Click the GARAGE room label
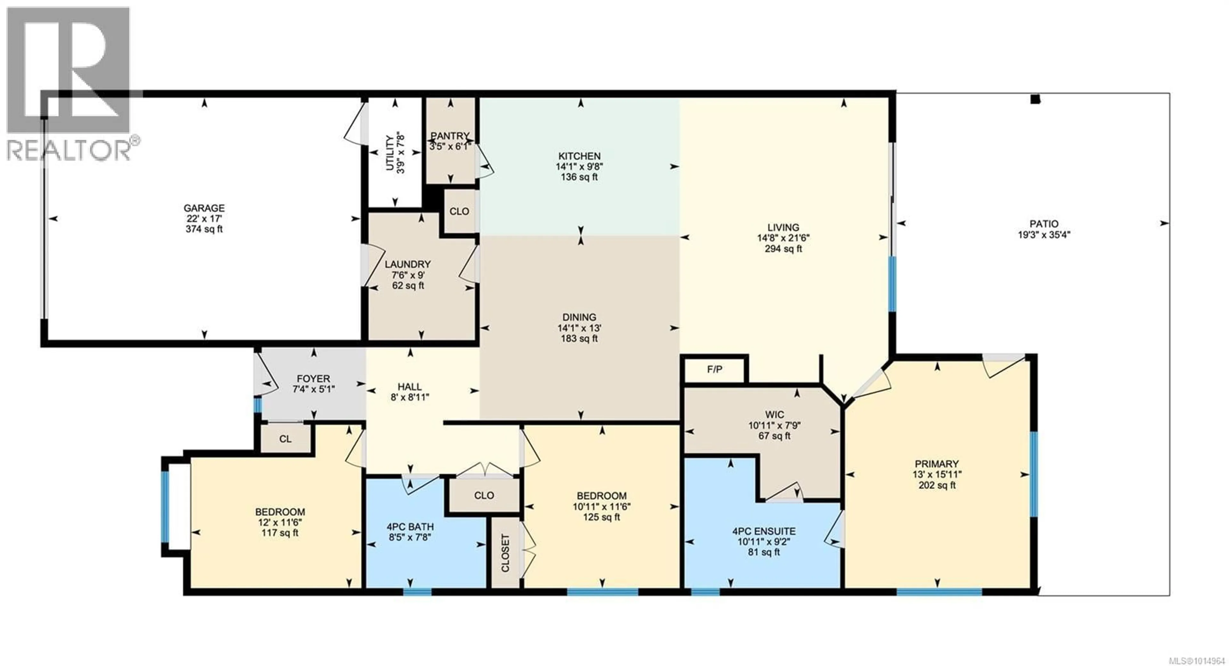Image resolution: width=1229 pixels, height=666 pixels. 204,208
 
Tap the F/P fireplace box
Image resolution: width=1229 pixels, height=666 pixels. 714,369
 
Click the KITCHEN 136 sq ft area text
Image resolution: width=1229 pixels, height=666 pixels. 579,177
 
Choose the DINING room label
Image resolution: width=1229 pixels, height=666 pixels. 579,317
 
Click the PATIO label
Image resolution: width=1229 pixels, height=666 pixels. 1044,224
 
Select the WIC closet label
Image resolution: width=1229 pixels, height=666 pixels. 774,414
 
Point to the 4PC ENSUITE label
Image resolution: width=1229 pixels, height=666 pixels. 764,531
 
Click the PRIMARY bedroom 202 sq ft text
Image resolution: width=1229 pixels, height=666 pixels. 937,485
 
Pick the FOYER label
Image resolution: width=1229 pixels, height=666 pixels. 313,379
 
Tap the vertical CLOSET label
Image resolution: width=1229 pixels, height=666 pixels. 505,553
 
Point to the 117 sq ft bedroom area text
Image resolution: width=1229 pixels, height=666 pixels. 280,533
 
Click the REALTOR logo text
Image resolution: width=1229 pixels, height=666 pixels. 70,149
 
